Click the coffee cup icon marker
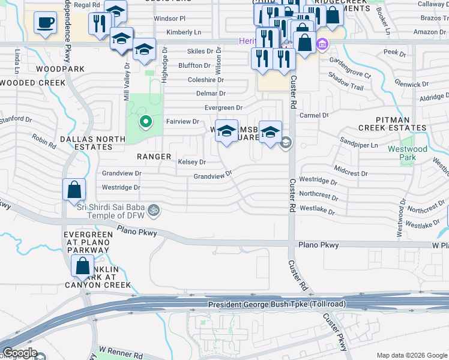tap(45, 24)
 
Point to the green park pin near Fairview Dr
tap(145, 123)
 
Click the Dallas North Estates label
tap(92, 143)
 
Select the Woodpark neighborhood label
tap(60, 70)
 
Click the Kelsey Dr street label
tap(192, 162)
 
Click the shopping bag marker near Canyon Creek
tap(82, 265)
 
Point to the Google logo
tap(20, 353)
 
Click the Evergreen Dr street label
tap(223, 108)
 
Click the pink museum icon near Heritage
tap(322, 44)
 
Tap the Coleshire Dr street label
tap(206, 79)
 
